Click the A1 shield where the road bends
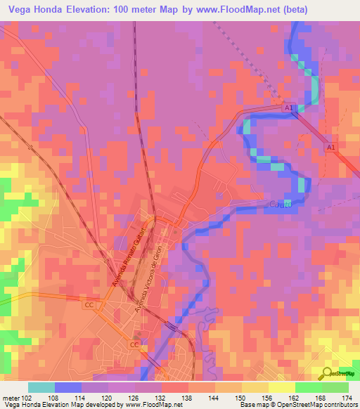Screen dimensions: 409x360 pyautogui.click(x=289, y=108)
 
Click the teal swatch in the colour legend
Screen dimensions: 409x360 pyautogui.click(x=41, y=388)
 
